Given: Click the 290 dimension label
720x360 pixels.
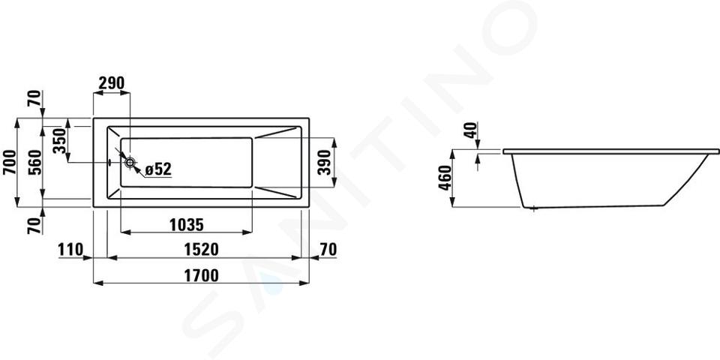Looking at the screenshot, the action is (112, 83).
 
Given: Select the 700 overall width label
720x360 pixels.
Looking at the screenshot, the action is (9, 162).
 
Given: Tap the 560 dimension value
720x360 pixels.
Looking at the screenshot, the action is (35, 162).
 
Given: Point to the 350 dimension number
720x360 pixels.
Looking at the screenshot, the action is (60, 141).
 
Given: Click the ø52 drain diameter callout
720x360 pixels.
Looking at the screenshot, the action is (158, 169).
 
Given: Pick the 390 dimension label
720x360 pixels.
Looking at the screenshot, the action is (324, 162).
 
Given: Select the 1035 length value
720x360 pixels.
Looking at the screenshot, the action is (187, 225).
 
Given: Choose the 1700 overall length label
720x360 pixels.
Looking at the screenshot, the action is (201, 275).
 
